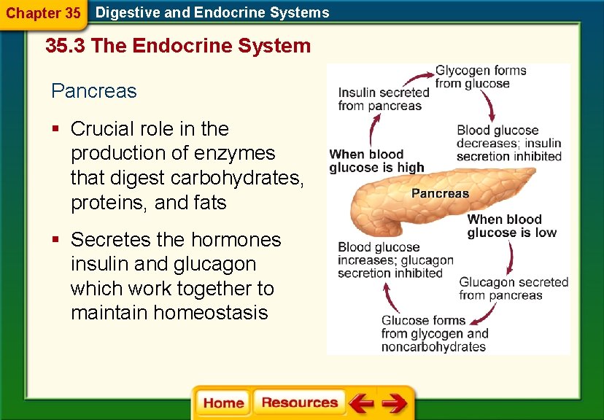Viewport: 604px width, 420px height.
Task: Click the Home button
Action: [x=223, y=403]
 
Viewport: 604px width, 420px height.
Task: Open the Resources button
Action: [x=299, y=402]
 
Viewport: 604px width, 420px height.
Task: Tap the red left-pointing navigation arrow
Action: [x=361, y=402]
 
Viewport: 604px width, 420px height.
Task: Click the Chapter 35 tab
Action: [x=43, y=13]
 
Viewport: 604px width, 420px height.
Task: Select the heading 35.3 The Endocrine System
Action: [x=178, y=46]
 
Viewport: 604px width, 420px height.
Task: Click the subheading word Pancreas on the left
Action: [x=94, y=91]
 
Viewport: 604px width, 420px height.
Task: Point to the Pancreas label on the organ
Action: [x=440, y=193]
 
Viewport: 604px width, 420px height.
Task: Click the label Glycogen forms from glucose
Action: [x=481, y=77]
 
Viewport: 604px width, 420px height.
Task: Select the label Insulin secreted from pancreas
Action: [x=384, y=99]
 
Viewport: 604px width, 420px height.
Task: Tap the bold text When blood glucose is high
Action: [x=376, y=160]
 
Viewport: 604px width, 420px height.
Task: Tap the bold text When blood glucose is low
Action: [x=511, y=226]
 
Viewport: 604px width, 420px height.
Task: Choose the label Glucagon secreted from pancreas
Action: [x=514, y=289]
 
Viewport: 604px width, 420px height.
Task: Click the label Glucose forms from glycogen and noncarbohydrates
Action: [x=434, y=333]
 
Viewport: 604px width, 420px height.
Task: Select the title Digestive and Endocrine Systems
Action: [x=212, y=12]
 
